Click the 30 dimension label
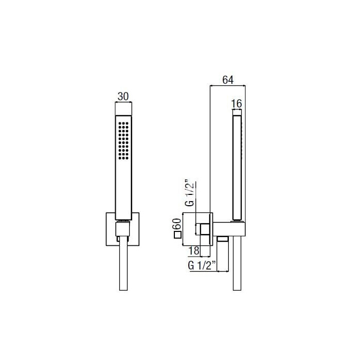pos(123,97)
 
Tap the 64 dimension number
pos(228,80)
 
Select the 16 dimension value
pos(237,104)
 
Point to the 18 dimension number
pos(193,251)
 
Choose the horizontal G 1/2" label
pos(202,265)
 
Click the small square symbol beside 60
pos(178,236)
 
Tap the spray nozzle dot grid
pos(123,141)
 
